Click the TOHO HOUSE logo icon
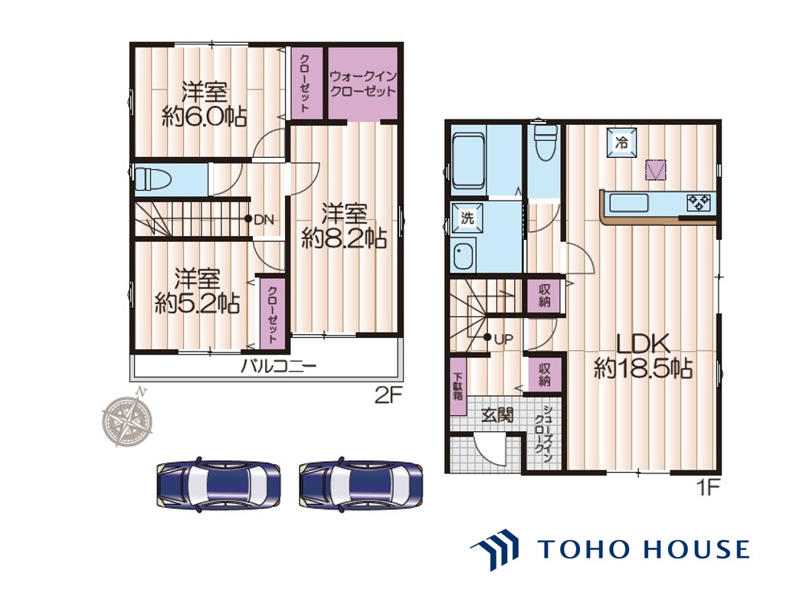494,549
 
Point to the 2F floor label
389,395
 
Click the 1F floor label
708,488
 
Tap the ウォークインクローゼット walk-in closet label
362,84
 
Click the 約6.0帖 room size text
205,116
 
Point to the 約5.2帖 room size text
197,303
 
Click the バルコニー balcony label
278,365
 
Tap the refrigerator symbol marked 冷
621,142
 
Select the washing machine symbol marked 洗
467,218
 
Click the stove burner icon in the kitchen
698,202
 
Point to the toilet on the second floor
153,179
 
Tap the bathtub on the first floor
469,160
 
